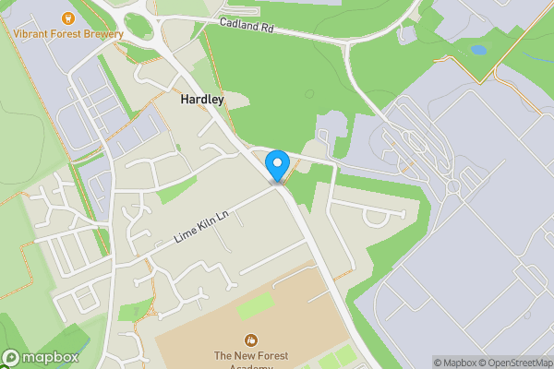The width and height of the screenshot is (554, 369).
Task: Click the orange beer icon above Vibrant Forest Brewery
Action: (66, 18)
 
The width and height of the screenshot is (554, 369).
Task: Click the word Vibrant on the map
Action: (30, 34)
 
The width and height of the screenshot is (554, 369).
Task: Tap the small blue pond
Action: (477, 50)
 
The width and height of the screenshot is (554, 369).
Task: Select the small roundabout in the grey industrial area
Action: (452, 187)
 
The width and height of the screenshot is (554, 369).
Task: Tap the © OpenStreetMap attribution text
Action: (520, 363)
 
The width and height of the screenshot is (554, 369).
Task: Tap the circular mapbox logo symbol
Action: (10, 358)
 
